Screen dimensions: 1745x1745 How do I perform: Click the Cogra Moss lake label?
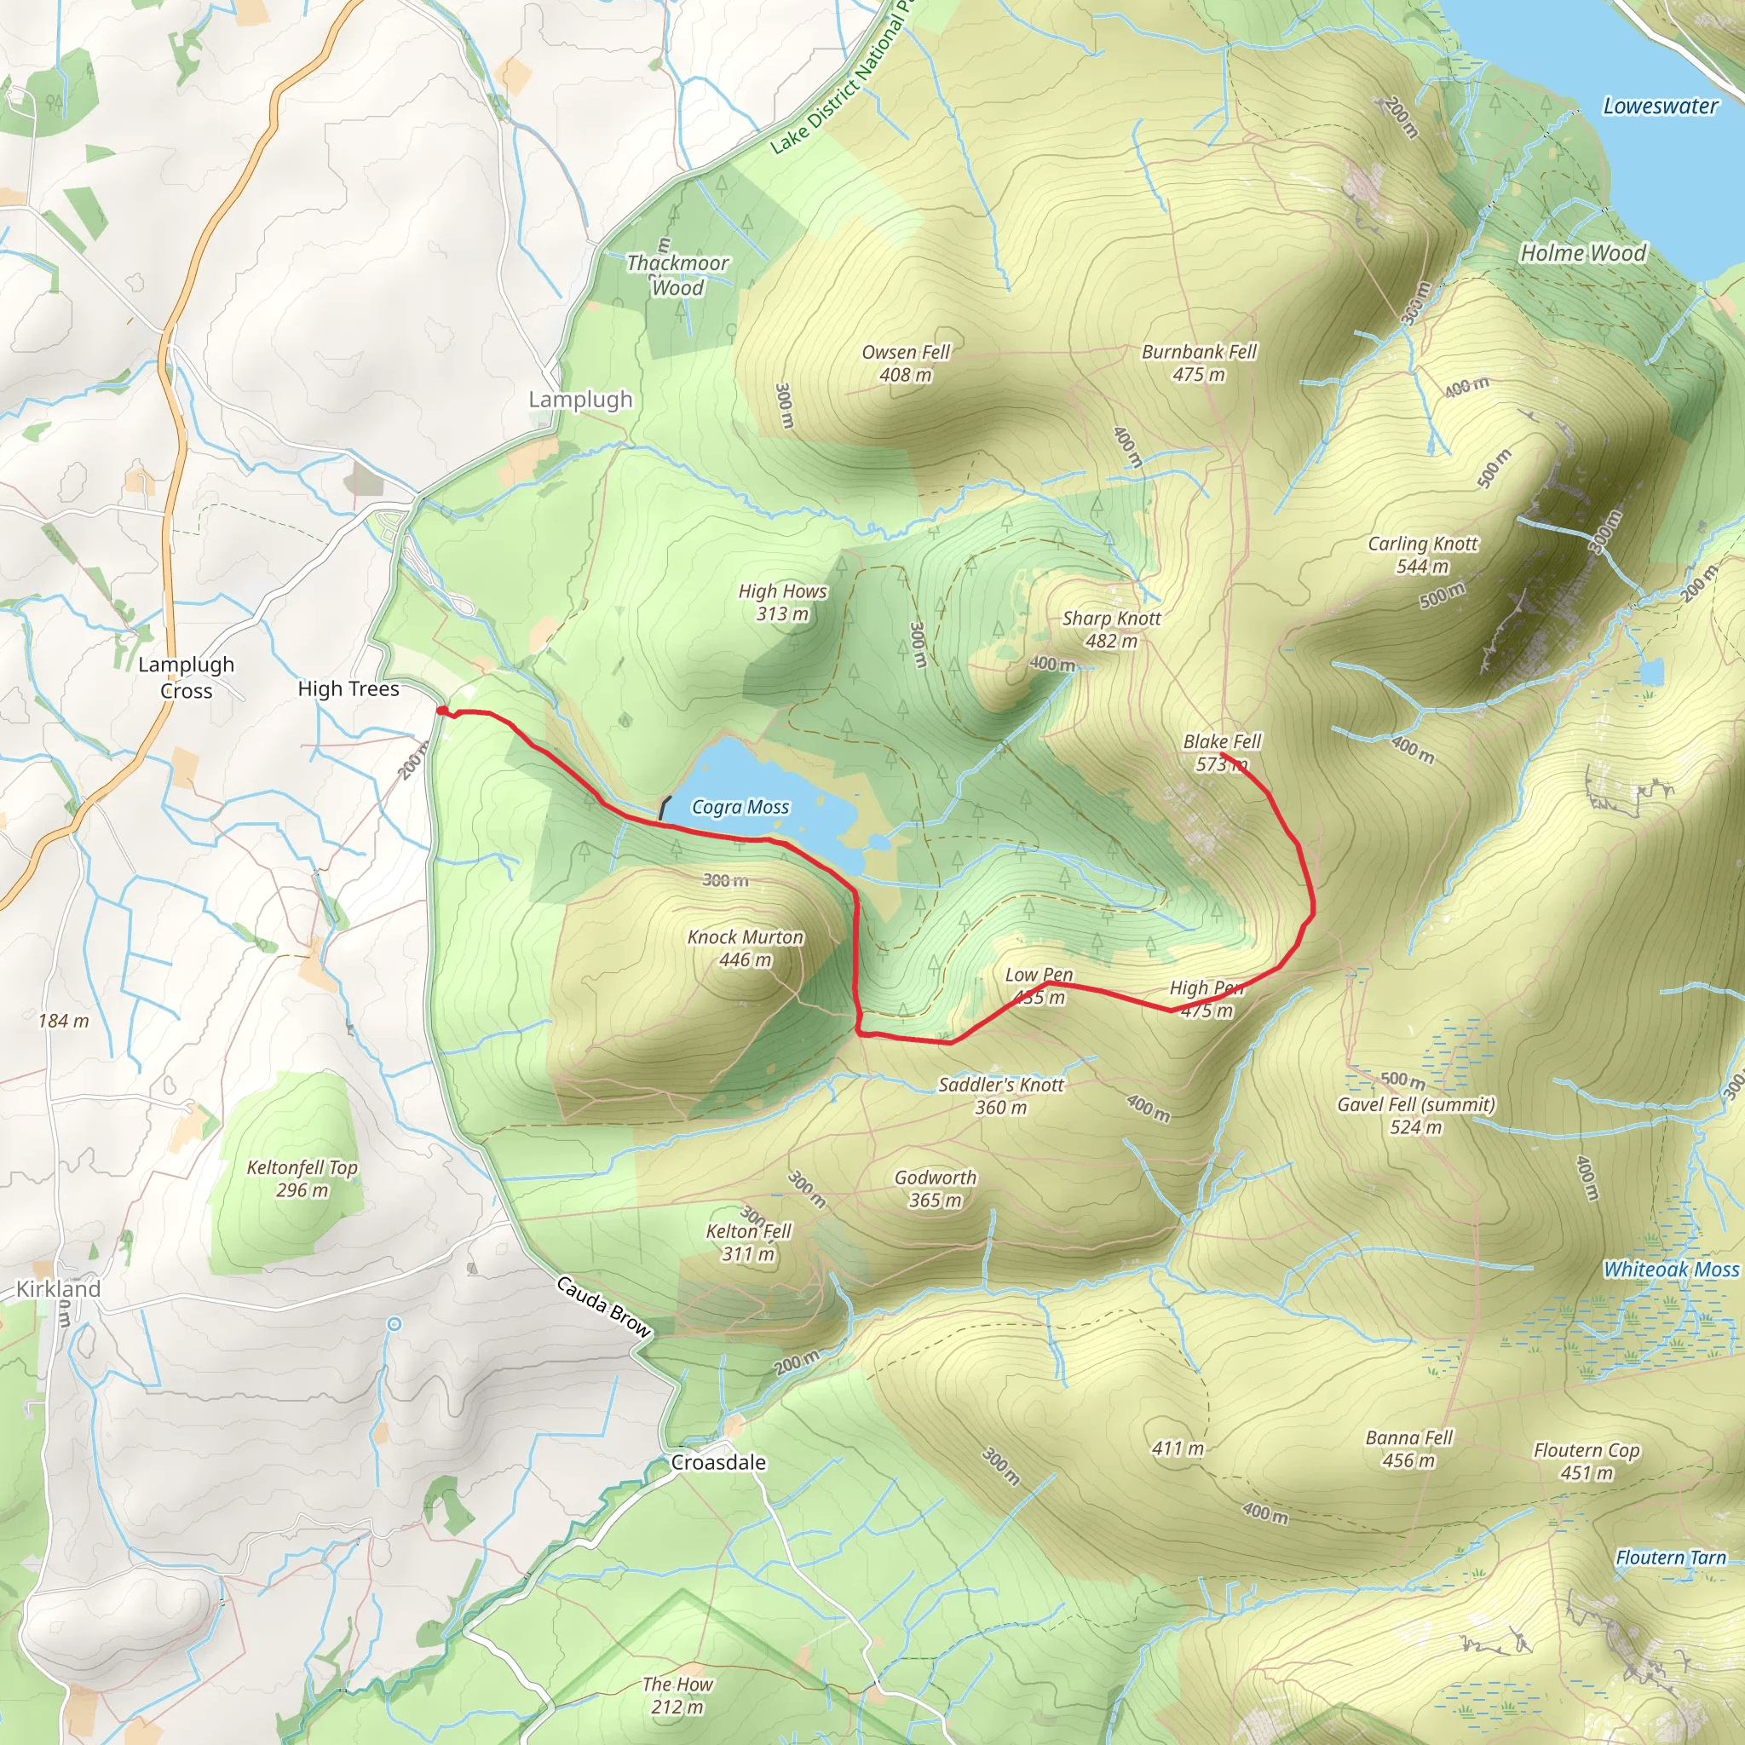click(x=740, y=807)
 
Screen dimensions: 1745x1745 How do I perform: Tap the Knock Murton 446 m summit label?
click(x=746, y=948)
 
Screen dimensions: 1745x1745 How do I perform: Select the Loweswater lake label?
click(x=1660, y=106)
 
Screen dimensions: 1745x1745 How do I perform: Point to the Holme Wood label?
click(x=1583, y=253)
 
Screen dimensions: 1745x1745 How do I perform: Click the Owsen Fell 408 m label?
click(x=905, y=363)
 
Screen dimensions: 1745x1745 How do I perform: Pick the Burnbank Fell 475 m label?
click(x=1199, y=362)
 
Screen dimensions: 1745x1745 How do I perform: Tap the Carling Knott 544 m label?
click(x=1423, y=555)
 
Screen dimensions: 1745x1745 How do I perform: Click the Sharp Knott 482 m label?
click(x=1111, y=630)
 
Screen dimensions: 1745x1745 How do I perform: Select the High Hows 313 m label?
click(x=782, y=602)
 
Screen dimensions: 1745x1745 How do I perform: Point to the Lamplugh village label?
click(x=580, y=400)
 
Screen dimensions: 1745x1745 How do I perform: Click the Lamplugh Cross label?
click(x=186, y=677)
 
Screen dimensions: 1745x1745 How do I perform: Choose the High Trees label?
click(x=348, y=689)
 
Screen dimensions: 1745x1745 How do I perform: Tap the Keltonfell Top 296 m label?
click(x=302, y=1178)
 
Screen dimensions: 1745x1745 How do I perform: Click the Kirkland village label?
click(x=59, y=1289)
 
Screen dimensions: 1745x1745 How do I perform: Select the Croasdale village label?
click(x=718, y=1462)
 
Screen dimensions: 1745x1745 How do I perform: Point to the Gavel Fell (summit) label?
click(x=1415, y=1115)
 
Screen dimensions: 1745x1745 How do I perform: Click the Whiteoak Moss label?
click(x=1670, y=1269)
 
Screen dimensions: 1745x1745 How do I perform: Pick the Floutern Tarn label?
click(x=1670, y=1558)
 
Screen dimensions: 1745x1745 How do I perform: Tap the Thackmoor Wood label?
click(x=677, y=274)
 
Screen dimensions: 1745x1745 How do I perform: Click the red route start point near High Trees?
click(x=441, y=711)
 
